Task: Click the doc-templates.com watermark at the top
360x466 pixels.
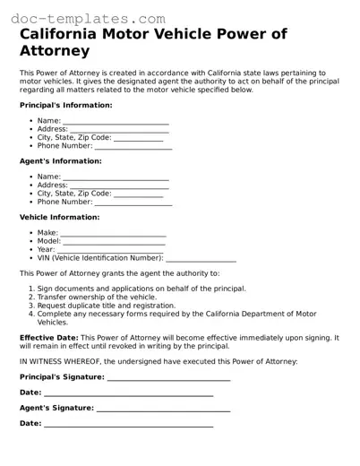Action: coord(82,17)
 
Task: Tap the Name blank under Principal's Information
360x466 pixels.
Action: coord(116,121)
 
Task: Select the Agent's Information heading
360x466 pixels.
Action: coord(60,161)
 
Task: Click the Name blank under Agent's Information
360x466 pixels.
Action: coord(116,177)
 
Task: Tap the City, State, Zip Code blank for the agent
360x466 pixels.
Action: coord(139,194)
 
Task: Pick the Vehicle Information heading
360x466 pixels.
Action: coord(59,217)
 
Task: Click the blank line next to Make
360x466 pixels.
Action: coord(113,234)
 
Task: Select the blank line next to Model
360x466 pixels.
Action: coord(115,242)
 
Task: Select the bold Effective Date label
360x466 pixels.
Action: coord(49,338)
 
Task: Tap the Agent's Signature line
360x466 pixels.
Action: coord(163,408)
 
